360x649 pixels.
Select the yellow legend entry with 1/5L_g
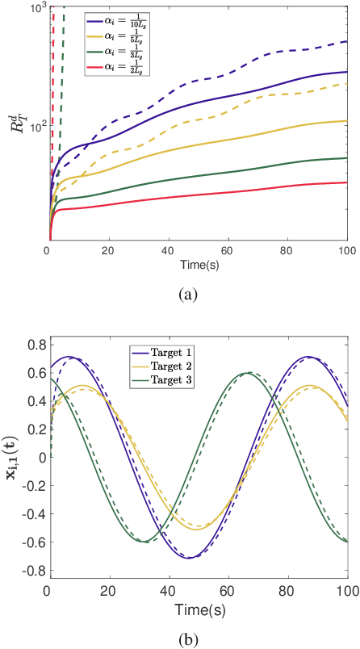click(118, 37)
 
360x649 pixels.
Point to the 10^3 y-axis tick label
click(35, 8)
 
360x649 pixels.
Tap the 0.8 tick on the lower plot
click(35, 345)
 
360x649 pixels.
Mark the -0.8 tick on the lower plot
click(33, 572)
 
